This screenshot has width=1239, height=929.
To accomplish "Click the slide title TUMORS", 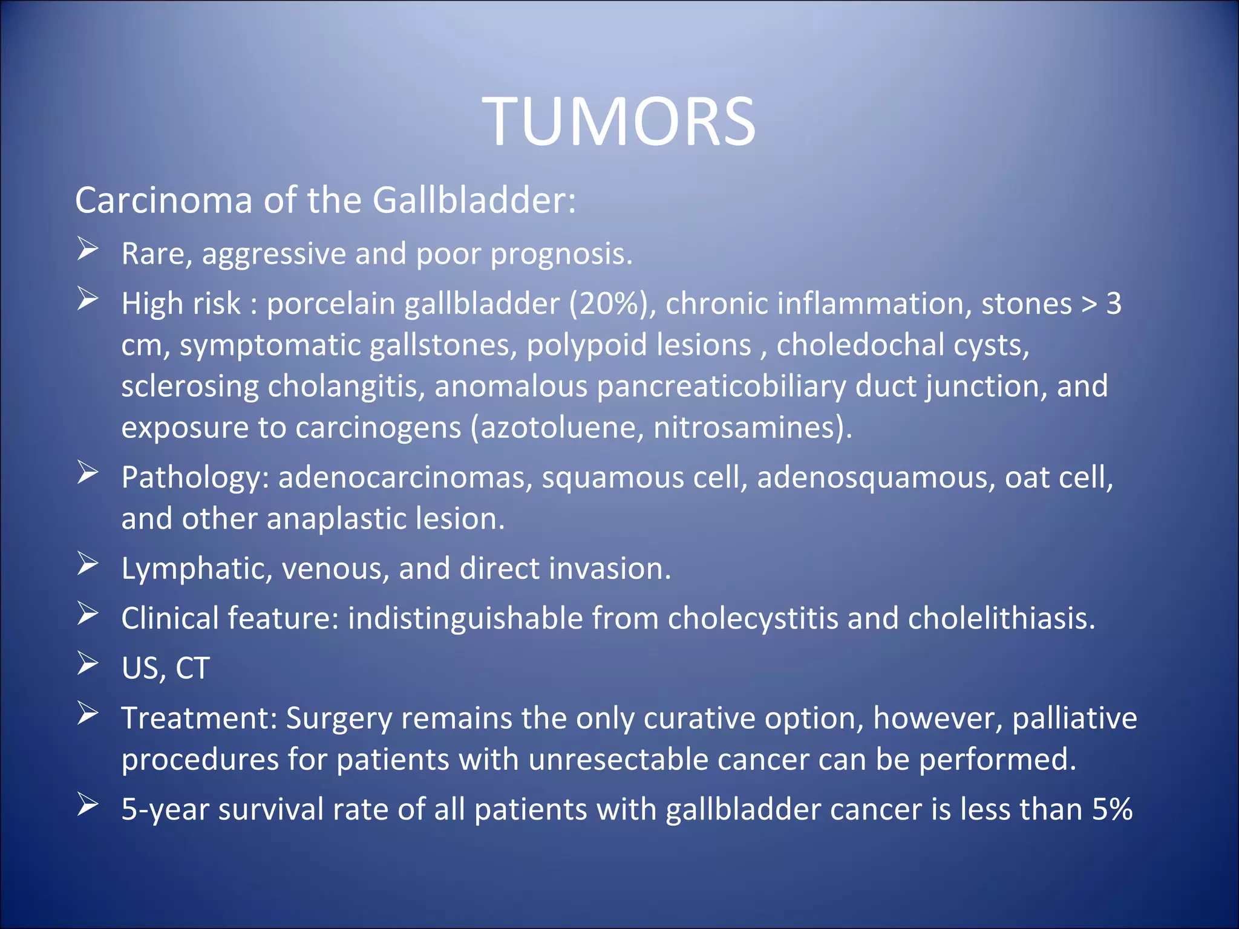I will (619, 122).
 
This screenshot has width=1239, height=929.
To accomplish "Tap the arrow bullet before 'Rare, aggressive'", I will (88, 249).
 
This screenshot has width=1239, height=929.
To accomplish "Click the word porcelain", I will (331, 304).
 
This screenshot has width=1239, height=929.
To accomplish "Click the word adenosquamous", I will (875, 477).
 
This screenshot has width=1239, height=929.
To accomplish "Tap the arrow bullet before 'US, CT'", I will (88, 664).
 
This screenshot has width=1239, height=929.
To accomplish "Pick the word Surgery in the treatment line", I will (339, 719).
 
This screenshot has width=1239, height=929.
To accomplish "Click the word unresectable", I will (618, 760).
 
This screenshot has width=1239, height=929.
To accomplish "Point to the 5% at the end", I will (1112, 809).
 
